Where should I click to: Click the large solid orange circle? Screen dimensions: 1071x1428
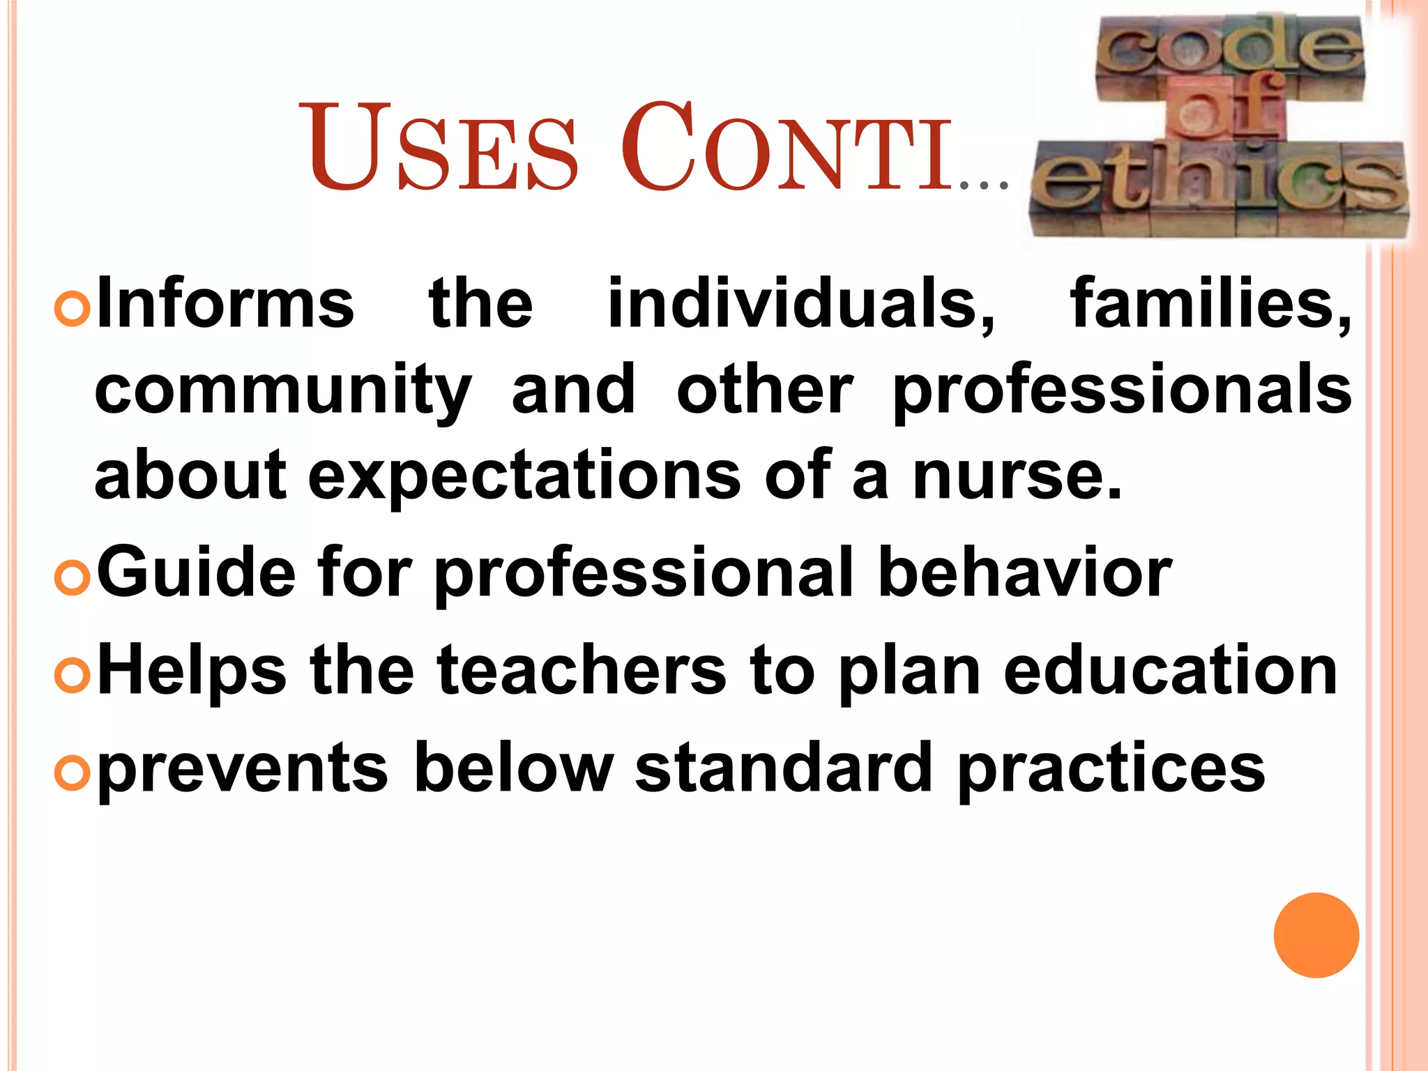click(x=1316, y=935)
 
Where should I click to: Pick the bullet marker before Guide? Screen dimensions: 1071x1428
click(x=73, y=577)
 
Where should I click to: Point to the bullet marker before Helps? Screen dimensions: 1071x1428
click(x=73, y=675)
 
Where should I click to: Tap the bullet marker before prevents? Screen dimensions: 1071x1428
click(x=73, y=773)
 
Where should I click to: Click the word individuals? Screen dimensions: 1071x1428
click(x=802, y=304)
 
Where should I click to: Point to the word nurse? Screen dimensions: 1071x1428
click(x=1017, y=476)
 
